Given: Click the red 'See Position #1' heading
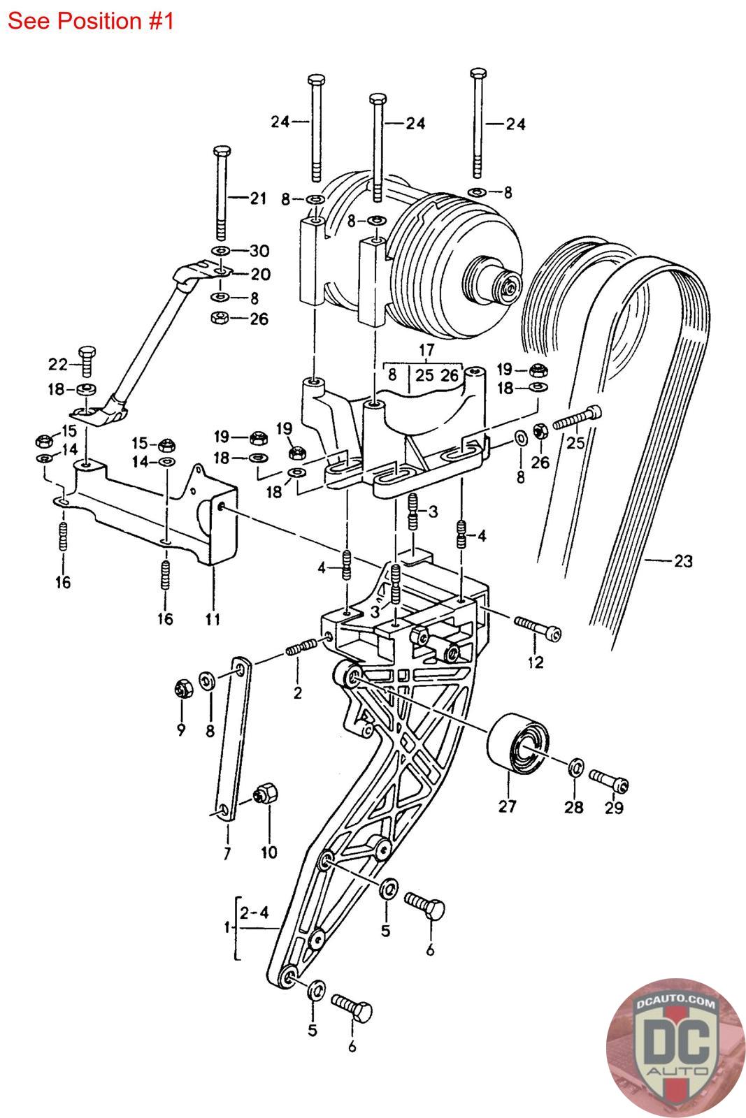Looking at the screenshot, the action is click(90, 22).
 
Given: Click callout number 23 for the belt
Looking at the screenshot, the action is click(683, 561).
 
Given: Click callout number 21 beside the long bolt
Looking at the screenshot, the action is click(258, 198).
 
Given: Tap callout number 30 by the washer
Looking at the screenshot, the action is click(259, 251).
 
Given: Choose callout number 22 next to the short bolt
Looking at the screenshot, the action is click(57, 364).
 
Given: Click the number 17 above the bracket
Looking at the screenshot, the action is click(426, 350).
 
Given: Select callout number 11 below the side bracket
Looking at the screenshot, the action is click(213, 619).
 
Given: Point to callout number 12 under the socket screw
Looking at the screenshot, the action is click(536, 662).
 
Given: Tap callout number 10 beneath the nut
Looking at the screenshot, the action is click(268, 852).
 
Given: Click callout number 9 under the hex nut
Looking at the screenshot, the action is click(181, 729).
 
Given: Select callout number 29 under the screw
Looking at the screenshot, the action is click(614, 808).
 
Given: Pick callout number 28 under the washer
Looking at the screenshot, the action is click(574, 807).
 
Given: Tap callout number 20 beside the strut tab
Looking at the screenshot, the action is click(260, 274).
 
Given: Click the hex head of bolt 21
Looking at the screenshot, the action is click(222, 151).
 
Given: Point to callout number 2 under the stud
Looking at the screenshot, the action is click(298, 692).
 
